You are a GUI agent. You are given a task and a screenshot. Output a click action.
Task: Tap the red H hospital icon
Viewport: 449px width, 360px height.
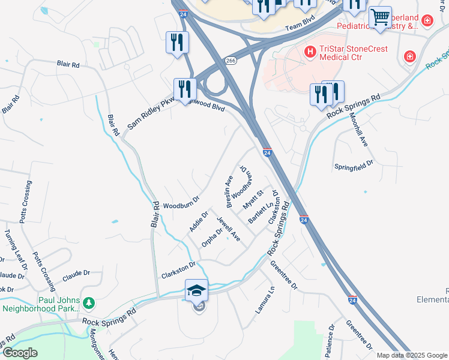click(x=310, y=52)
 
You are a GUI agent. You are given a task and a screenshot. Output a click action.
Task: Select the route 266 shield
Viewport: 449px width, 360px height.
click(x=231, y=61)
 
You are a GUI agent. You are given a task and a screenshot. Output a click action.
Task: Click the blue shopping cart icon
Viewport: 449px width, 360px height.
click(x=380, y=17)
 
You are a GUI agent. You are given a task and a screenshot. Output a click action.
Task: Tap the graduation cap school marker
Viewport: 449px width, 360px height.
click(x=196, y=291)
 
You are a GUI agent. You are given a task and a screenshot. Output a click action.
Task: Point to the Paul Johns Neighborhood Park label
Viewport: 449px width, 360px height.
click(x=41, y=304)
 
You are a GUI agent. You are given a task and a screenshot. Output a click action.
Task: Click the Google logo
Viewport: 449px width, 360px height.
click(x=20, y=353)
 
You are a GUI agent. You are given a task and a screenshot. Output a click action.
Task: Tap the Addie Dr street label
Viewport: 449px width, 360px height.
click(x=198, y=221)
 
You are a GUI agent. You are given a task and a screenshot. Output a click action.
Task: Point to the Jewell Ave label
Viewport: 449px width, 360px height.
click(x=229, y=229)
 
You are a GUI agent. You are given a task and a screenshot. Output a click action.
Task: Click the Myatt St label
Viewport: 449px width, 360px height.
click(x=253, y=200)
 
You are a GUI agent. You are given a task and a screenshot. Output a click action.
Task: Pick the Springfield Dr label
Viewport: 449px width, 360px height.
click(x=354, y=163)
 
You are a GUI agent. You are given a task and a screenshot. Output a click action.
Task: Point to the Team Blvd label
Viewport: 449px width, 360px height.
click(x=300, y=23)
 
